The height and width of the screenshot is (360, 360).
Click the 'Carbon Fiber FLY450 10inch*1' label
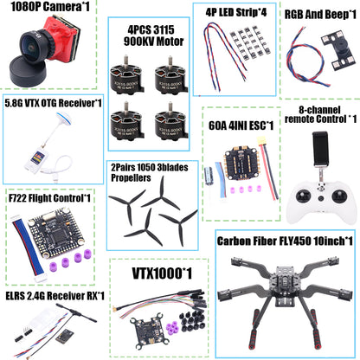click(x=285, y=241)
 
